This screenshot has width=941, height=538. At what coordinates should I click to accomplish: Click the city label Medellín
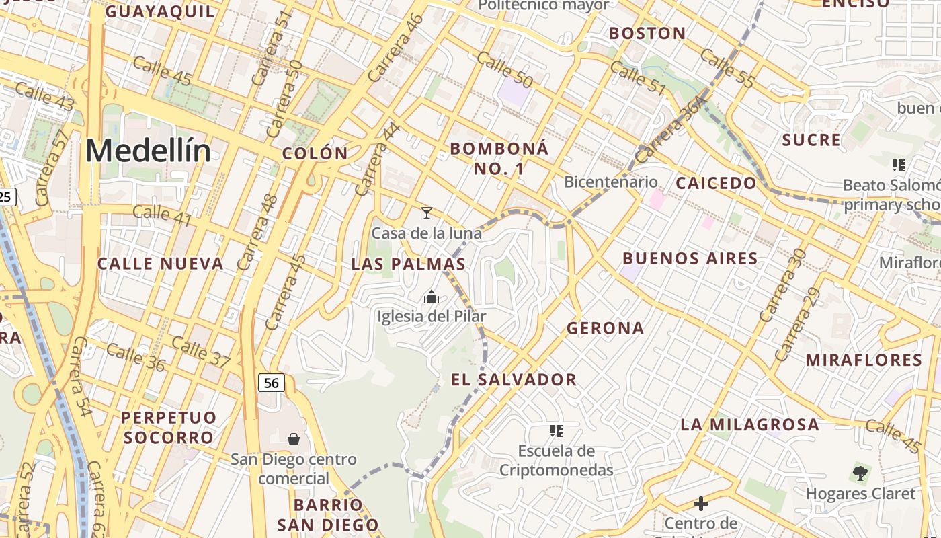(x=148, y=151)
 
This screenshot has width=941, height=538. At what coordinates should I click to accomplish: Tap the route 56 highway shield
(x=271, y=383)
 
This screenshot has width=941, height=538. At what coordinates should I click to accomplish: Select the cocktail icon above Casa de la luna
(x=426, y=213)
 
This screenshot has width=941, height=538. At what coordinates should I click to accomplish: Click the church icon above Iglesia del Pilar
(x=432, y=296)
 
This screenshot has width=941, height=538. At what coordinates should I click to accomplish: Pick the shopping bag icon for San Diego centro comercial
(x=294, y=439)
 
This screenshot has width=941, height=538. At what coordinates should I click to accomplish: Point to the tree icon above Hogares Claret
(x=860, y=473)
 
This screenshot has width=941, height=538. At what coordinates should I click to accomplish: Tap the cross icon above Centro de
(x=701, y=503)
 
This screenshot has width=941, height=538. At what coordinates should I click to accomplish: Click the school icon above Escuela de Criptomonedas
(x=556, y=430)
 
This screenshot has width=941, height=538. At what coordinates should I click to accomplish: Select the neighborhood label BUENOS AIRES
(x=690, y=258)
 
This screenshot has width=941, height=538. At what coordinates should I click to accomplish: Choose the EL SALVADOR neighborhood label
(x=514, y=379)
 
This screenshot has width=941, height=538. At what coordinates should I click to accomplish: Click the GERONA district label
(x=606, y=328)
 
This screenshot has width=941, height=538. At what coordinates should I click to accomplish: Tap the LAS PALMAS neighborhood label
(x=409, y=264)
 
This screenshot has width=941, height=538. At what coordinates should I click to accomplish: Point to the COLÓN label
(x=315, y=153)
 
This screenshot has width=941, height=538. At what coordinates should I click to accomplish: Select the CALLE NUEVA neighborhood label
(x=161, y=264)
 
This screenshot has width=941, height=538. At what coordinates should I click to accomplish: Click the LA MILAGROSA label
(x=749, y=424)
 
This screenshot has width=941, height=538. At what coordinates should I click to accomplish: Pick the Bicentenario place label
(x=611, y=182)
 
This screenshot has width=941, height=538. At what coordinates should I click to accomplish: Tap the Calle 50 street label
(x=505, y=69)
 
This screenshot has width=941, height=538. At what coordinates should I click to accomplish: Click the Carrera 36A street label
(x=671, y=129)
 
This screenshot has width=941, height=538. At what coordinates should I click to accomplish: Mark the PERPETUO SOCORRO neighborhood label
(x=169, y=427)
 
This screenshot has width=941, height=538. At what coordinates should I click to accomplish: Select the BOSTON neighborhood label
(x=647, y=33)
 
